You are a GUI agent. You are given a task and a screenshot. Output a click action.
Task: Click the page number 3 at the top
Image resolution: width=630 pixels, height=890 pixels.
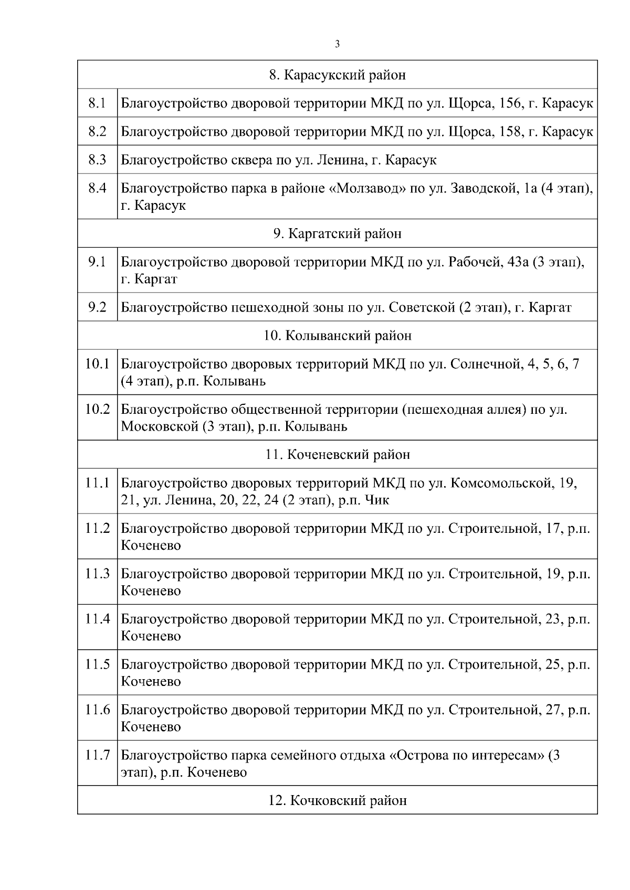pos(337,45)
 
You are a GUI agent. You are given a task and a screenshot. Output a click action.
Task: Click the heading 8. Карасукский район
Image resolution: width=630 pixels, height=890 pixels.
pos(337,75)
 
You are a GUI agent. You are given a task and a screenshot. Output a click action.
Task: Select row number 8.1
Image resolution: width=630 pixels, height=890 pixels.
pos(97,103)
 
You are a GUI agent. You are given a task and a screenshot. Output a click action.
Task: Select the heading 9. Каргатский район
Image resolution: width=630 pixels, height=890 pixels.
pos(337,234)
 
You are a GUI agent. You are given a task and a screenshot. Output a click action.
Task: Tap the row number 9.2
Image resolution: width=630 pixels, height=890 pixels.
pos(97,307)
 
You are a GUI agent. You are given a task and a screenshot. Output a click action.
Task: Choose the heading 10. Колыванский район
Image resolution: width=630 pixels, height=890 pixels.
pos(337,336)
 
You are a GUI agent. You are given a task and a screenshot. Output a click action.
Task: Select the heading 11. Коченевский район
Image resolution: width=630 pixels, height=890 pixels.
pos(337,455)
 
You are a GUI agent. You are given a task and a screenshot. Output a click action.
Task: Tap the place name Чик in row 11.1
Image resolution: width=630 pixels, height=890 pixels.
pos(377,500)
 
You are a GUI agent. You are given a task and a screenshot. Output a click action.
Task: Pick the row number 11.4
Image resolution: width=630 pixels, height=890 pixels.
pos(97,619)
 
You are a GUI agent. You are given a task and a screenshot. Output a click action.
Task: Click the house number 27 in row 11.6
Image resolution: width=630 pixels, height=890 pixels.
pos(553,710)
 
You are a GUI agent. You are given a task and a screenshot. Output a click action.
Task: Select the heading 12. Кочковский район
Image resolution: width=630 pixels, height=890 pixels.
pos(337,801)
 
